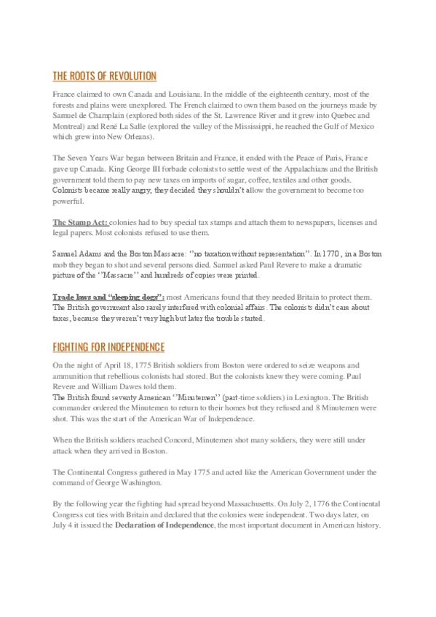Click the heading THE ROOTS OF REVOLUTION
tap(104, 76)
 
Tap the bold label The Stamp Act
tap(80, 221)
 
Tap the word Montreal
tap(71, 125)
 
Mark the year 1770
tap(329, 255)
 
